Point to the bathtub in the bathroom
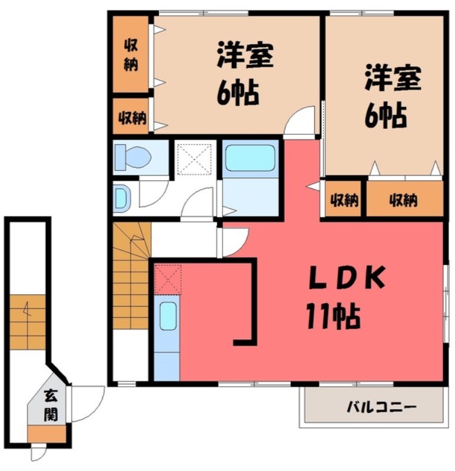pos(250,157)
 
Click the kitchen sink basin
pos(168,316)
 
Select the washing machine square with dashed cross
pos(195,157)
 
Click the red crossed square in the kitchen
pos(168,278)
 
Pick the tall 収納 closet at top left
pos(131,54)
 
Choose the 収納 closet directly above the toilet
pos(131,117)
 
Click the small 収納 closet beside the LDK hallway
pos(344,200)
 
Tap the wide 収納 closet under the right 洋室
pos(404,200)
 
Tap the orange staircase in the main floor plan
pos(130,277)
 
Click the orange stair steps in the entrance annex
pos(28,322)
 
